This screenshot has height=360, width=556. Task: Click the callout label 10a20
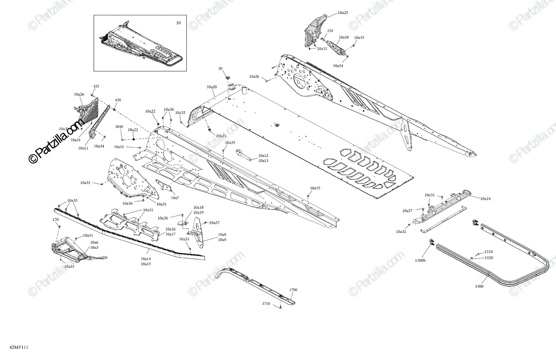[212, 87]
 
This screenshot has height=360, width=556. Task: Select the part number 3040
[119, 126]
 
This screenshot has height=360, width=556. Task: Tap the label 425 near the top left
[96, 87]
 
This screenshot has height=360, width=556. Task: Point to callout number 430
[118, 100]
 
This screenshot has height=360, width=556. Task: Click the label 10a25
[343, 13]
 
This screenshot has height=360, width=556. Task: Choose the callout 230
[330, 31]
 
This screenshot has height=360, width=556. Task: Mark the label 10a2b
[254, 76]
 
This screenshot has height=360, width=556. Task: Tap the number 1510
[489, 252]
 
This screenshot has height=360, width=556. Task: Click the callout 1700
[293, 290]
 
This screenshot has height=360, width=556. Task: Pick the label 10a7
[175, 198]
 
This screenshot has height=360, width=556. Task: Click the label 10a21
[221, 136]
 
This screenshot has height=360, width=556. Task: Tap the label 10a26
[79, 95]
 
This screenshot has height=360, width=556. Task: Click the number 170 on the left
[55, 219]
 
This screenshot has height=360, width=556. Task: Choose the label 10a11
[83, 148]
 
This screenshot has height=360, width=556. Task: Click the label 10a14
[146, 259]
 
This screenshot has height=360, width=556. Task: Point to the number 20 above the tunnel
[221, 69]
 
